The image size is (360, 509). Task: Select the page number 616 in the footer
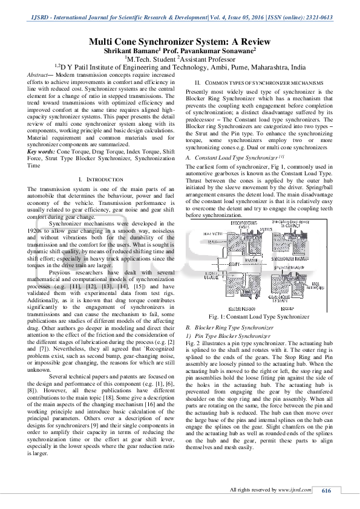(326, 490)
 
